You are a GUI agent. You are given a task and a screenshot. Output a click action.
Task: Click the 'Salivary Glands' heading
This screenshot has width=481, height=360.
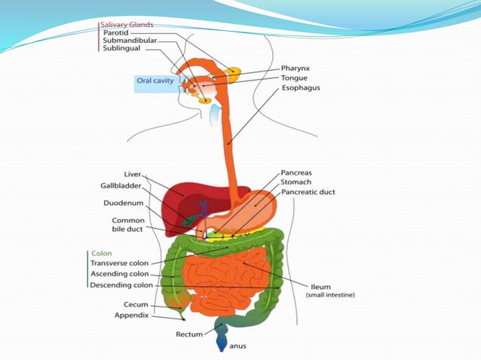point(127,25)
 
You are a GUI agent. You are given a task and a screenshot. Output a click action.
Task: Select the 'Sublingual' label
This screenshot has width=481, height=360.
point(121,49)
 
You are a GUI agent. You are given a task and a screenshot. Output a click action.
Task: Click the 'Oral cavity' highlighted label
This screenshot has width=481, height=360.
point(155,80)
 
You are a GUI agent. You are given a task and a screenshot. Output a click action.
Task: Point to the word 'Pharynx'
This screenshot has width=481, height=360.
point(296,68)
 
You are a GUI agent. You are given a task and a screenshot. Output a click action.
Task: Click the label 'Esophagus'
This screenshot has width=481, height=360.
point(301,87)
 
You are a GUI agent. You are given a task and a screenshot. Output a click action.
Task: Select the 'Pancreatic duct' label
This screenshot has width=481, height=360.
point(308,192)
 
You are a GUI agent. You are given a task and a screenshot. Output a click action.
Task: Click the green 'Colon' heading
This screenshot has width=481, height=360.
point(101,254)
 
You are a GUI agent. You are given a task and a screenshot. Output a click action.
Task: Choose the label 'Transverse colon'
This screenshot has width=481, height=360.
point(120,263)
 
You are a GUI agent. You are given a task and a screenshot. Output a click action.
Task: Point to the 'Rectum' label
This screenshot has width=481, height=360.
point(189,333)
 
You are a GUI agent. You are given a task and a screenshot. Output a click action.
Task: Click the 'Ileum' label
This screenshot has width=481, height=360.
point(320,286)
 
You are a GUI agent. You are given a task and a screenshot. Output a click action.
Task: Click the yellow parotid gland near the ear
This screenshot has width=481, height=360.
point(234,73)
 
